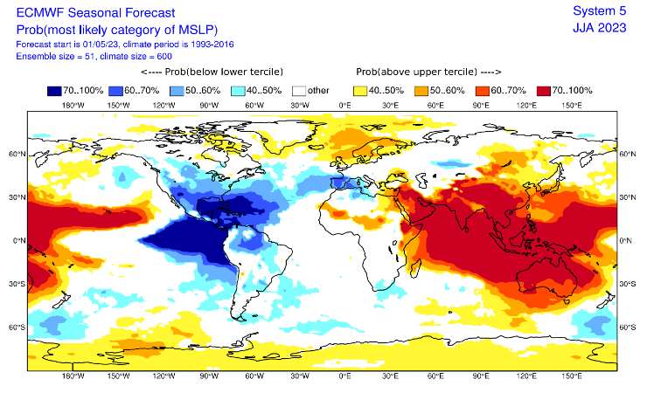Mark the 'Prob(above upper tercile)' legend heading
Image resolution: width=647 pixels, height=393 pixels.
[x=428, y=72]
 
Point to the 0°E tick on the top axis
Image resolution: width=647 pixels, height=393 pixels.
[x=344, y=105]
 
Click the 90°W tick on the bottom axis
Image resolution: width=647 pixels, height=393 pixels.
[x=207, y=376]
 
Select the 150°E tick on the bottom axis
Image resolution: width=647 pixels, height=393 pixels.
[x=571, y=376]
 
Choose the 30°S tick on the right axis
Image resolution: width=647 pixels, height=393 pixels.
[x=627, y=284]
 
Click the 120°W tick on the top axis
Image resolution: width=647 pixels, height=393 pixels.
[x=163, y=105]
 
